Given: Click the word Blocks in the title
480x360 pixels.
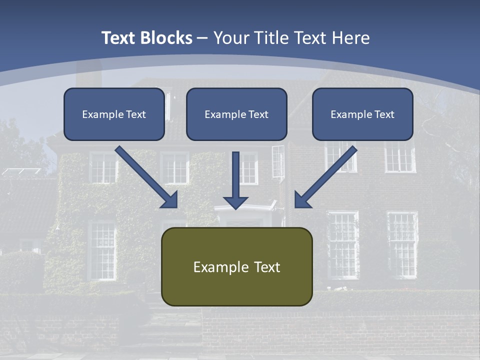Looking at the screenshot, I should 167,38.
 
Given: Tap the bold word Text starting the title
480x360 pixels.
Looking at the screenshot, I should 120,38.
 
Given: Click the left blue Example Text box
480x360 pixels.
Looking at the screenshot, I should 114,114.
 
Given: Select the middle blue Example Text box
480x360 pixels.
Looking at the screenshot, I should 236,114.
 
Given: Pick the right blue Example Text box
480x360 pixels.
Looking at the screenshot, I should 362,114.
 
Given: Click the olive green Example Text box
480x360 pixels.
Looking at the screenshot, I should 236,266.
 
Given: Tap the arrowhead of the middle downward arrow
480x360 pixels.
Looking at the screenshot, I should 235,202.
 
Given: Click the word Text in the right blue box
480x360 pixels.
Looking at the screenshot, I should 384,114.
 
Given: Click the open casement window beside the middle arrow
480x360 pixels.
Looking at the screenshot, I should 278,161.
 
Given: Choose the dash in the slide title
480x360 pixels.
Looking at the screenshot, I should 202,38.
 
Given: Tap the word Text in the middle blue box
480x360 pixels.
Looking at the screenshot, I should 258,114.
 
